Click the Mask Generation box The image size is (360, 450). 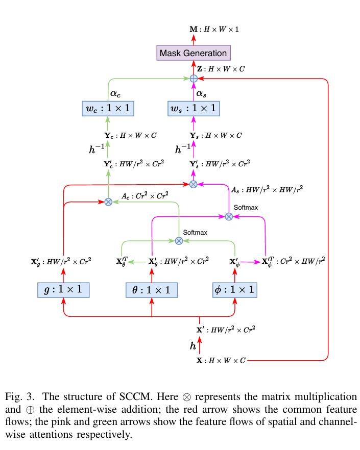193,53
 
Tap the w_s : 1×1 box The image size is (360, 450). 193,108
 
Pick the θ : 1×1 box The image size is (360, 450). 152,290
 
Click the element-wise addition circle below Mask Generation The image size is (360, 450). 194,78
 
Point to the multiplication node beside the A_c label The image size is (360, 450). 108,202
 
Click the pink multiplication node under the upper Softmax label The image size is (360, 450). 229,216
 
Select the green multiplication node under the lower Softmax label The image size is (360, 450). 179,240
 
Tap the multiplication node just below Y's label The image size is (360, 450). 193,184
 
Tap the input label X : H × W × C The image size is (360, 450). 221,360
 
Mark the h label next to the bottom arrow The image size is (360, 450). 193,346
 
